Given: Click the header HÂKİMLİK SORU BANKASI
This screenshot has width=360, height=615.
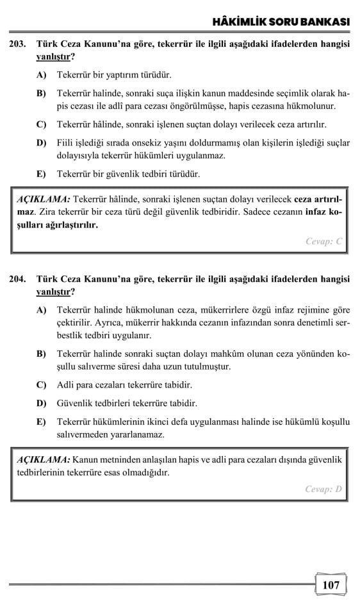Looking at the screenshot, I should coord(281,22).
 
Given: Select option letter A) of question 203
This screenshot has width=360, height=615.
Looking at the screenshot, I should coord(42,75).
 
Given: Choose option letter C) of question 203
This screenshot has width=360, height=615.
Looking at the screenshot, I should coord(42,124).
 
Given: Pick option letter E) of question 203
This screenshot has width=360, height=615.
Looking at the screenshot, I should coord(42,174).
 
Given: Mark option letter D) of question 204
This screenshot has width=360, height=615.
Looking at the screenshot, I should coord(42,404).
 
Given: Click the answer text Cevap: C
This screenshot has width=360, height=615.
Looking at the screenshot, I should coord(324,242).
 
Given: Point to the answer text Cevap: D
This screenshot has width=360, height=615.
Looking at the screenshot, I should coord(324,489).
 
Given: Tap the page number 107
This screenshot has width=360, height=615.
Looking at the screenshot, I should coord(331,585).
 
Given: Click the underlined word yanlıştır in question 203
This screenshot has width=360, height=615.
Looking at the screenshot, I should coord(53,56).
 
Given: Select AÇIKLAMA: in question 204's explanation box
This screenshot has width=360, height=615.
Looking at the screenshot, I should coord(44,460).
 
